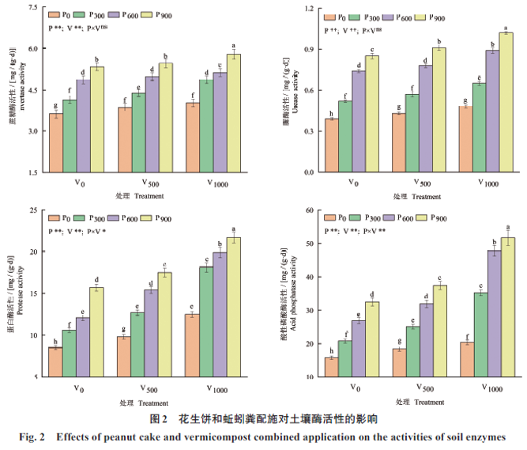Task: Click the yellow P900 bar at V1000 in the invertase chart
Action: [x=234, y=113]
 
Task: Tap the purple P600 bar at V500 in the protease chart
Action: [x=150, y=333]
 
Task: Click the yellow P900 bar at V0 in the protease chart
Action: [x=96, y=332]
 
